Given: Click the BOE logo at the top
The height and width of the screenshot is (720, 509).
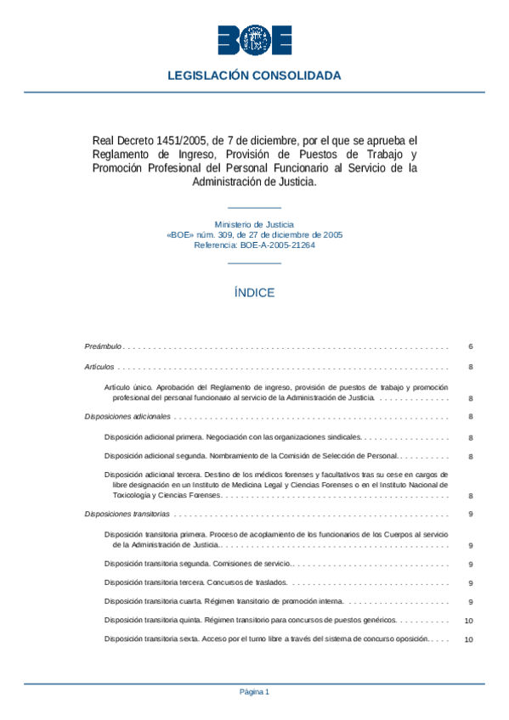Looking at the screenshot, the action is (x=254, y=39).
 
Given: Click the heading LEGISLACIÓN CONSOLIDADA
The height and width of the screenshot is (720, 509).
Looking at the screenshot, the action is (x=254, y=76).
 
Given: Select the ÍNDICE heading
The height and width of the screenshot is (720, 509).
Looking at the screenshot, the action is (x=254, y=292).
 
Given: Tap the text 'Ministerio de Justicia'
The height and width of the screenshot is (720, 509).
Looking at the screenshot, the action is (x=254, y=224).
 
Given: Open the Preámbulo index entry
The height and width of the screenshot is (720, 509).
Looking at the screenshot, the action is (x=104, y=346).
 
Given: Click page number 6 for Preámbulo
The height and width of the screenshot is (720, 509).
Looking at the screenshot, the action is (x=470, y=346).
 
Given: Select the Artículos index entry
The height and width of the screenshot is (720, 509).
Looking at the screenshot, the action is (x=99, y=367).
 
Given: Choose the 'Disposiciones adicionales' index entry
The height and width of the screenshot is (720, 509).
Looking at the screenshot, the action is (x=127, y=416).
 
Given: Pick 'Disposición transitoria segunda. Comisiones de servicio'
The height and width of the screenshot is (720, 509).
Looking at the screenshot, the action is (x=198, y=563).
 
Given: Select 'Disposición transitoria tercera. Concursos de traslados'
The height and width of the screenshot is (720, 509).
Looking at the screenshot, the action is (x=196, y=582).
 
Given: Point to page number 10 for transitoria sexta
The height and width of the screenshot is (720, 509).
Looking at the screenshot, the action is (x=468, y=640).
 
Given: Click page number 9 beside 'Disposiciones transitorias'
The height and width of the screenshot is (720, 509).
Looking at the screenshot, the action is (x=470, y=514).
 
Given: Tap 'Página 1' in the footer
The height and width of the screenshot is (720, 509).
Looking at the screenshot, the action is (x=254, y=692).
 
